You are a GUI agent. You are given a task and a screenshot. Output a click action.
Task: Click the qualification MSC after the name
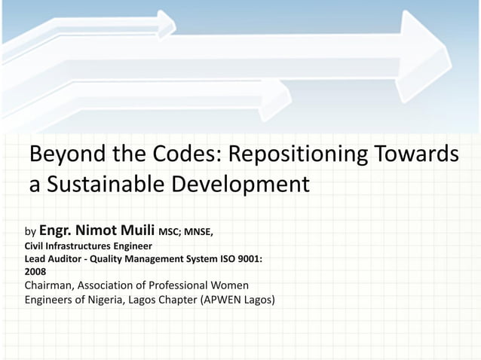pos(168,231)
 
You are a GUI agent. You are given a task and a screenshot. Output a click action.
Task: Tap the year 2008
pos(35,272)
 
